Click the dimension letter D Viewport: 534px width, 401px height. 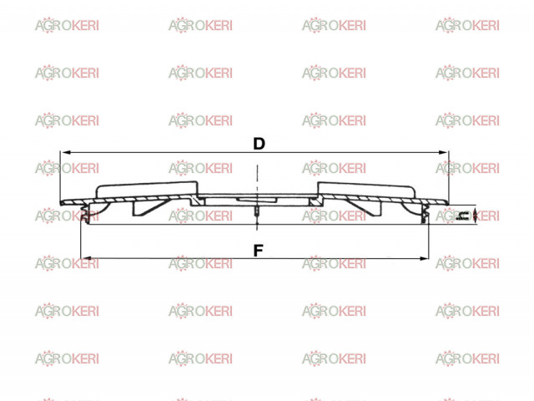point(259,144)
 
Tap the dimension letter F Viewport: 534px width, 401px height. point(259,251)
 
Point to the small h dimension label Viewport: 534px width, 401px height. point(463,216)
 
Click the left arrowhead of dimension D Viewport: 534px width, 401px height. point(65,152)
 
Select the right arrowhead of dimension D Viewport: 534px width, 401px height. point(443,152)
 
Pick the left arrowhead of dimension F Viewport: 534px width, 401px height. point(86,258)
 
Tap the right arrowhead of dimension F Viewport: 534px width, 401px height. point(424,258)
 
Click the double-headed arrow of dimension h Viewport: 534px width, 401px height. point(475,216)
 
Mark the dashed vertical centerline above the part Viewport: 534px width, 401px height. point(257,179)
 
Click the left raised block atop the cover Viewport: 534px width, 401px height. point(147,190)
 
